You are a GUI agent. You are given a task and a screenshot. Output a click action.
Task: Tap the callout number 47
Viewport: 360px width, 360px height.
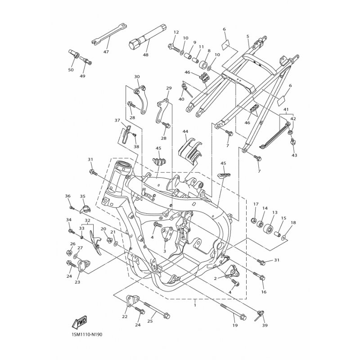point(106,52)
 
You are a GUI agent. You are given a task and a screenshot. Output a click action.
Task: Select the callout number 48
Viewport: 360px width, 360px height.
point(145,54)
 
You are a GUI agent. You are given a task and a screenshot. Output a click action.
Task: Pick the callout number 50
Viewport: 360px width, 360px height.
point(71,70)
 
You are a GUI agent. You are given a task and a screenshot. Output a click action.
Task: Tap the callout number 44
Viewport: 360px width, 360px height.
point(185,131)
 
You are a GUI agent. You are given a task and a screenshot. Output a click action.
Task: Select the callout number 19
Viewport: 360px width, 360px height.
point(235,325)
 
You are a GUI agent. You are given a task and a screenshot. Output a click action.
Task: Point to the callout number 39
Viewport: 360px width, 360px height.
point(265,325)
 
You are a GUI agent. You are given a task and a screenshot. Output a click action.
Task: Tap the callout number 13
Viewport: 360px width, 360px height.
point(275,212)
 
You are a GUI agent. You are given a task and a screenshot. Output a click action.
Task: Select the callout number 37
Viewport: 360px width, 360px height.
point(117,120)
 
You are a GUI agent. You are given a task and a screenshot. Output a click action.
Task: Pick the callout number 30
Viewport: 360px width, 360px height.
point(137,76)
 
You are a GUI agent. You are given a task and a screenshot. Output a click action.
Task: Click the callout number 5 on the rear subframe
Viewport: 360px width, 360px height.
point(248,36)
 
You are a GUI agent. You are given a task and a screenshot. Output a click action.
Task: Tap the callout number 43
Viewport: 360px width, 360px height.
point(294,155)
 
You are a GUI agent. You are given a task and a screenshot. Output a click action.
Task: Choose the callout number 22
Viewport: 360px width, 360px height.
point(125,317)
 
